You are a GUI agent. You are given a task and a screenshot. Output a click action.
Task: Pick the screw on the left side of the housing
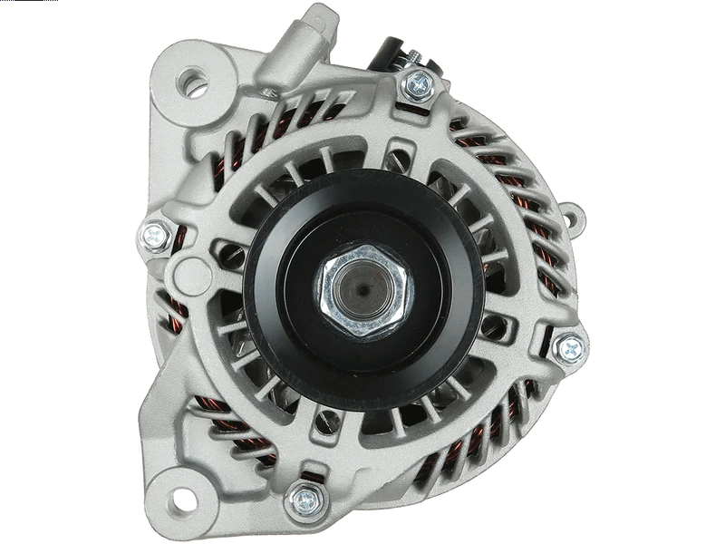click(153, 236)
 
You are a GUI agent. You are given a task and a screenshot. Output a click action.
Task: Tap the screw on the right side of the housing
click(567, 346)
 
